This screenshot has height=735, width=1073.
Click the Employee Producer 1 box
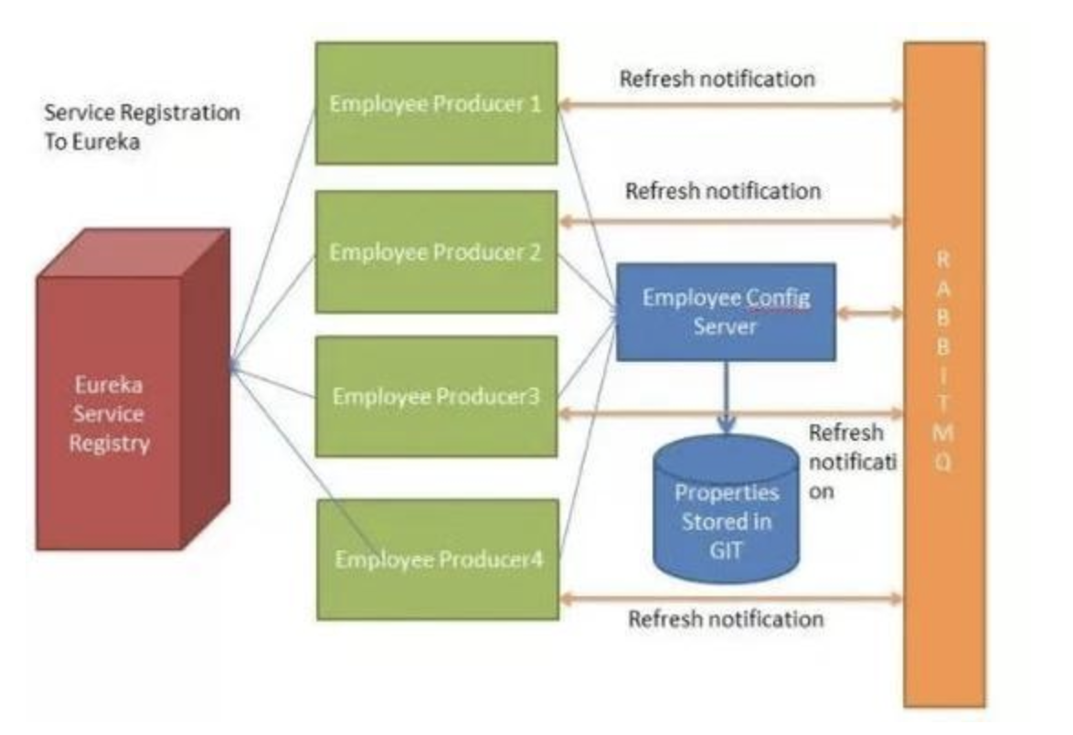pos(436,103)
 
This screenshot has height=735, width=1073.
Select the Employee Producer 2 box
pos(436,251)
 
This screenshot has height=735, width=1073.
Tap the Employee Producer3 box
pos(436,396)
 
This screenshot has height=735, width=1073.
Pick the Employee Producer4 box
pos(438,559)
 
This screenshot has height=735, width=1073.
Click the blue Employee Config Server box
pos(726,312)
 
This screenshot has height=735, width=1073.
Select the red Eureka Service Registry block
pos(110,413)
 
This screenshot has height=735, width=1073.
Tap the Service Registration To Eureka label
pos(142,127)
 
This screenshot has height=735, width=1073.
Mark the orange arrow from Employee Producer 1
pos(730,105)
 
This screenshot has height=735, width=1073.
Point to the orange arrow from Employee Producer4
pos(730,599)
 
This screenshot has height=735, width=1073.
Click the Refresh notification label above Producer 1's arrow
pos(717,79)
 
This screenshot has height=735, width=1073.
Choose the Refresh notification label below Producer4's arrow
pos(726,619)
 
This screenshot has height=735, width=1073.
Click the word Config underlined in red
pos(779,298)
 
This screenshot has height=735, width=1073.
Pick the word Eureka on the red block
pos(110,385)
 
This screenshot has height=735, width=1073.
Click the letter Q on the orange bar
pos(944,463)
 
